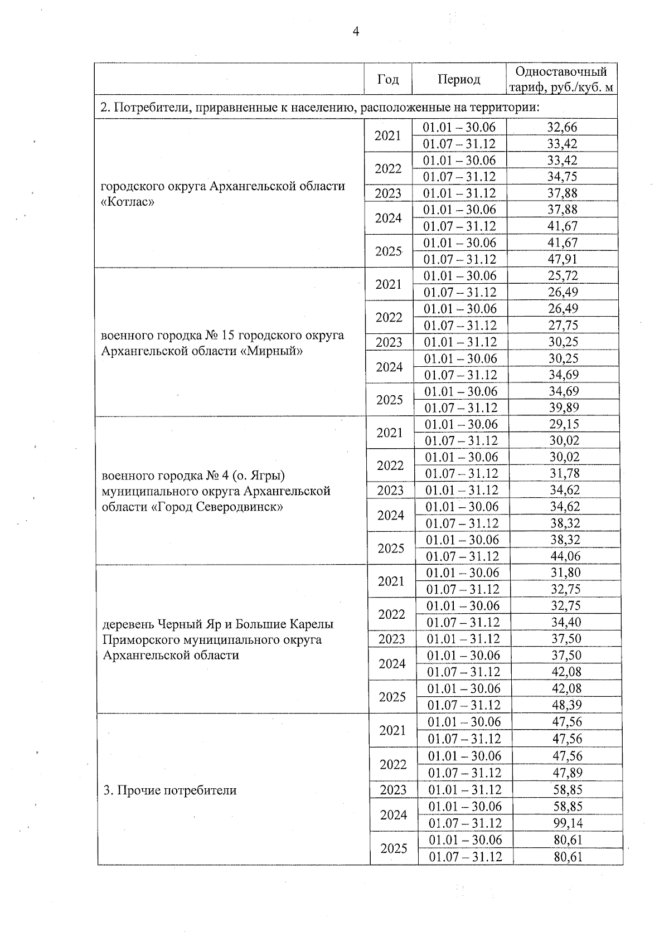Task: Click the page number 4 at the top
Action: (356, 32)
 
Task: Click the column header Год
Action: (388, 79)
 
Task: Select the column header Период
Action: (458, 79)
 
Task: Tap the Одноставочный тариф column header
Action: (561, 79)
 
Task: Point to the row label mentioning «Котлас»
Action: (223, 193)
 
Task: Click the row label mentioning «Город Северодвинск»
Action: (216, 491)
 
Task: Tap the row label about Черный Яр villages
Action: (218, 639)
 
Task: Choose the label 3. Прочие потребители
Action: (170, 790)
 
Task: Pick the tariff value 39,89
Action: (564, 407)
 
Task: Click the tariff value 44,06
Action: (565, 556)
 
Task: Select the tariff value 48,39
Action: (566, 705)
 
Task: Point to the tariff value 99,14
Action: (568, 823)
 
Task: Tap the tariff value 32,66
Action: (562, 127)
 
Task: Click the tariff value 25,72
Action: (563, 275)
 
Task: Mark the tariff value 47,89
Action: (567, 773)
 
